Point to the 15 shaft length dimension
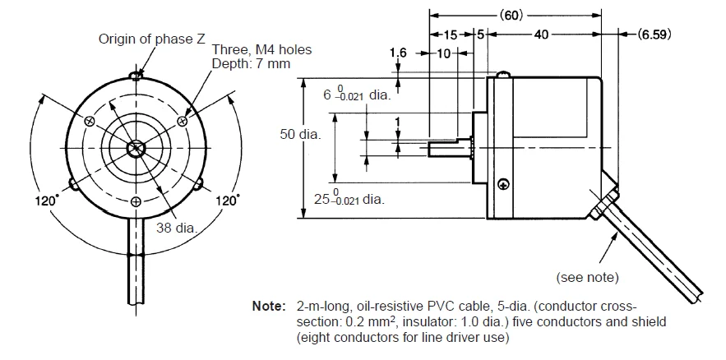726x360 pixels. (451, 35)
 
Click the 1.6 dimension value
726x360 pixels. (398, 53)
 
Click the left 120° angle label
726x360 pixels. (46, 200)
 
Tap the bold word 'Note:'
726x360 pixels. (269, 306)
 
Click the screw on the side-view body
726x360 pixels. (502, 184)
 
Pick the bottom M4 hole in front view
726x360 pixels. (136, 201)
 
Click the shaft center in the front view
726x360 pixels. (136, 149)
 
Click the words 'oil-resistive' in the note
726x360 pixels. (368, 306)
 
